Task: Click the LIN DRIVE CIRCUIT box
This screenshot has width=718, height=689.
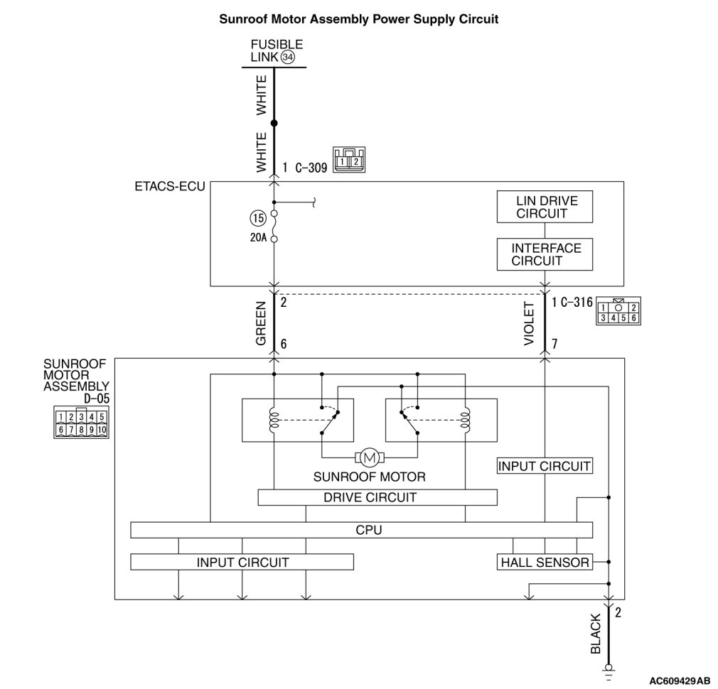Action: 545,207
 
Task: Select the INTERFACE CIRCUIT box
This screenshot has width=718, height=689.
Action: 545,254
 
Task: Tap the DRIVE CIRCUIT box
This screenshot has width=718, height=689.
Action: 369,497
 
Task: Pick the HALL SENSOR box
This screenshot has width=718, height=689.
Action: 545,563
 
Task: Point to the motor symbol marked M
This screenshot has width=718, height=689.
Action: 369,455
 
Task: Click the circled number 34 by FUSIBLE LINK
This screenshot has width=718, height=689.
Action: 288,57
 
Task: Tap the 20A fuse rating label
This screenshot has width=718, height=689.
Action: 257,239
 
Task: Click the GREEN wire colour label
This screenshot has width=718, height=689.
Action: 261,323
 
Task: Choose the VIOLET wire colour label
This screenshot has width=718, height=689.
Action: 529,324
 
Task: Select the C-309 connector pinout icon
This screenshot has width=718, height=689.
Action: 348,160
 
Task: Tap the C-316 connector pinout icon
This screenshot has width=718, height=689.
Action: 617,313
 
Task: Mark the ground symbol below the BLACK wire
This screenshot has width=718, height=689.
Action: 608,668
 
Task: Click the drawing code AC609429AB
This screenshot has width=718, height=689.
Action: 680,680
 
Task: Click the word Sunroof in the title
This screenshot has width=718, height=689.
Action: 243,19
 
